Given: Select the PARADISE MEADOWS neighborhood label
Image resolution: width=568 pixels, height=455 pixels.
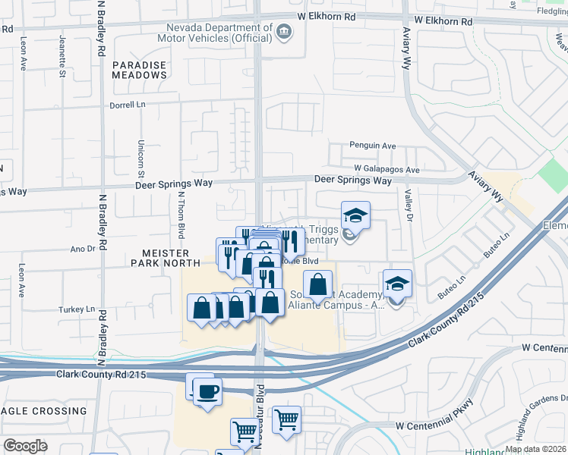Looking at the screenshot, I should point(139,71).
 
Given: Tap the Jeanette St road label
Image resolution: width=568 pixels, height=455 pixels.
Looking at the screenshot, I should point(62,46).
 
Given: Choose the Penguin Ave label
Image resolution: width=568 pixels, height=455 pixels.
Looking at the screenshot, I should point(373,146).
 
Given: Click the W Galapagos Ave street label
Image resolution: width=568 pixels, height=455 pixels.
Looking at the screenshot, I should point(387,170).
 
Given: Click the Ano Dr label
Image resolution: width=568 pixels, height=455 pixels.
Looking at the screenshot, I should point(81,247).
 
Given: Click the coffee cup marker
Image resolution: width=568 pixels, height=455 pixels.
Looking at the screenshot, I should point(207,391).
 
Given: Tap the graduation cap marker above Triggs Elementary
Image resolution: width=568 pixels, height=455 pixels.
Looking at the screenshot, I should point(355,215).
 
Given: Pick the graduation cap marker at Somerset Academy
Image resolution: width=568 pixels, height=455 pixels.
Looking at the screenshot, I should point(397,283).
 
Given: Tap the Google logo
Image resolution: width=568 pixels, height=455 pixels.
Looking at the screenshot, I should point(25,446).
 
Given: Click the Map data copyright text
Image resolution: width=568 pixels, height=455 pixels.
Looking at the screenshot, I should point(535,449).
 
